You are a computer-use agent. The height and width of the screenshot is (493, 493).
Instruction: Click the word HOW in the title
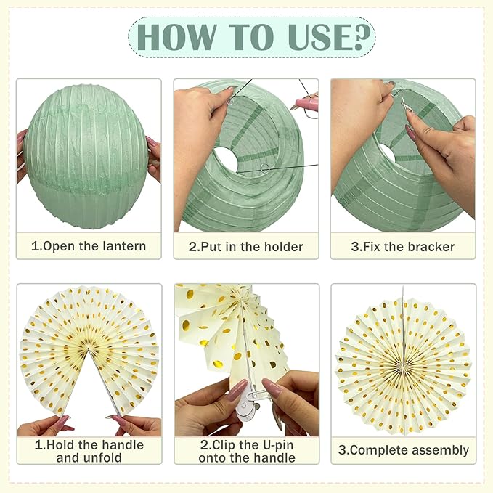pos(175,37)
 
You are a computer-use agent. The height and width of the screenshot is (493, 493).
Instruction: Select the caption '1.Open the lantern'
pos(89,246)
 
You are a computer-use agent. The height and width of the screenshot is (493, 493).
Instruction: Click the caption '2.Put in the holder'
pos(246,246)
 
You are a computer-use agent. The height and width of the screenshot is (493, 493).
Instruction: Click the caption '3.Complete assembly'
pos(403,450)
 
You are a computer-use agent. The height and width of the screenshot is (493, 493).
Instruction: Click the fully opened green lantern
pos(87,155)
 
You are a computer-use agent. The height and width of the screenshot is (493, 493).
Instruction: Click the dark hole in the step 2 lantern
pos(226,160)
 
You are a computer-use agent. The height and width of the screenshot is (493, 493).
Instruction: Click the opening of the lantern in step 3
pos(388,152)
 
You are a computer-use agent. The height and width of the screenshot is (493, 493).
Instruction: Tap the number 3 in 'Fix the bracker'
pos(355,246)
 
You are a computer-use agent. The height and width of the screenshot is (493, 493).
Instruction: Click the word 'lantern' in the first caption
pos(122,246)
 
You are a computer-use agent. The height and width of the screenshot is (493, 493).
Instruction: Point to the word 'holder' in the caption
pos(283,246)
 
